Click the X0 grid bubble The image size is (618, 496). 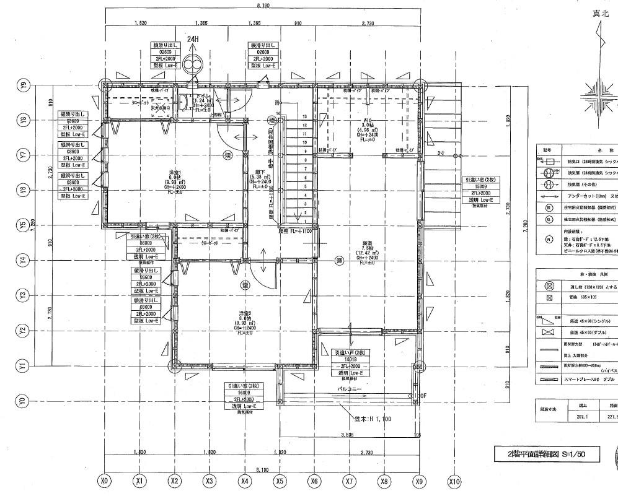105,481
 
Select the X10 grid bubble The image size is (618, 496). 455,481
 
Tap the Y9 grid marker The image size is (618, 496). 24,85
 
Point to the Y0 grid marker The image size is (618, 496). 24,401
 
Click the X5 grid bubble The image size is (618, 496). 280,481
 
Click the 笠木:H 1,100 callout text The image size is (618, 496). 376,419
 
